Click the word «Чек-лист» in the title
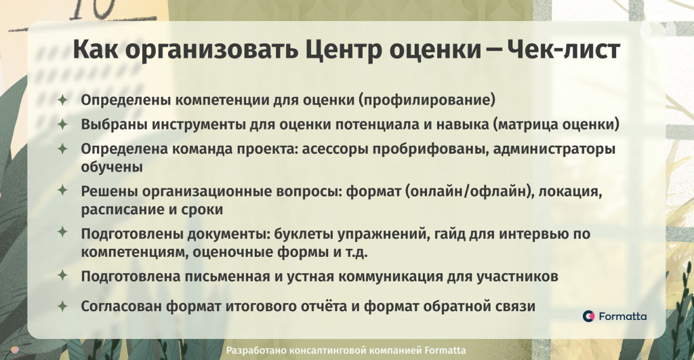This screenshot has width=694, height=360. (563, 49)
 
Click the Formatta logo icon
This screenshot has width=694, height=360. (588, 316)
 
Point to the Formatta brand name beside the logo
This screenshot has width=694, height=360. (622, 316)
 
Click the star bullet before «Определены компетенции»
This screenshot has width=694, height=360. (62, 100)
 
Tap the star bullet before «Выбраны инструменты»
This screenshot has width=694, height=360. (62, 125)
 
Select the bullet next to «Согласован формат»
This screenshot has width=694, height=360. (62, 306)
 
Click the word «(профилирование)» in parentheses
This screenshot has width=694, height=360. (426, 100)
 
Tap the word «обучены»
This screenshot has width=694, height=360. (112, 167)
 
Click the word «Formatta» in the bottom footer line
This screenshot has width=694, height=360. (445, 351)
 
